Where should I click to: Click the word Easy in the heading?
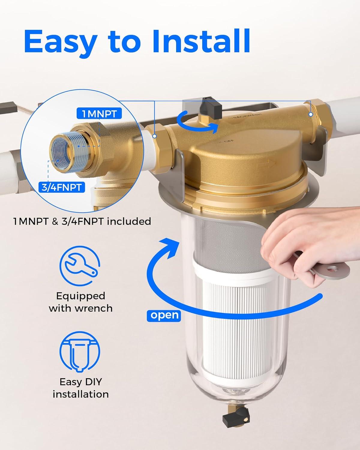click(60, 41)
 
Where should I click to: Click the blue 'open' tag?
click(164, 315)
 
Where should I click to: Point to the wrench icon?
click(80, 264)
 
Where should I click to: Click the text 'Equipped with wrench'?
click(80, 302)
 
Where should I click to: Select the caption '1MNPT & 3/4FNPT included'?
click(82, 221)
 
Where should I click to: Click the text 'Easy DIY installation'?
click(80, 388)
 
